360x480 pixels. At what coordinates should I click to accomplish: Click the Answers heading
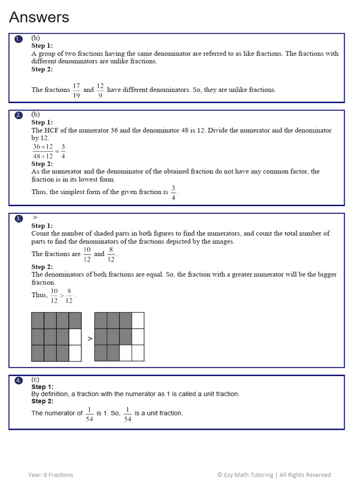point(39,17)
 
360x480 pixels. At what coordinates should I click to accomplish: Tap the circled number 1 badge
point(18,39)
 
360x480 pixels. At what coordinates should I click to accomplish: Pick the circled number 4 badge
point(18,381)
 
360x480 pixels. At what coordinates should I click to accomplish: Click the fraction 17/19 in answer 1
point(76,90)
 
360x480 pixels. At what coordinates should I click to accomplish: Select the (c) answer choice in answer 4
point(35,379)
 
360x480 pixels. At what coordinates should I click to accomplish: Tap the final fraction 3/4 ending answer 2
point(173,192)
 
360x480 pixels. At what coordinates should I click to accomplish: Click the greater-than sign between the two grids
point(90,338)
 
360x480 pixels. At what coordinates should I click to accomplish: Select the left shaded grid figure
point(56,337)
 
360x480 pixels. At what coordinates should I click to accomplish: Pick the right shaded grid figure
point(119,337)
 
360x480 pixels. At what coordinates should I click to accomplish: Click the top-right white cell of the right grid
point(138,321)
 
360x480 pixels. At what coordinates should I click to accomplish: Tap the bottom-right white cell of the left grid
point(75,353)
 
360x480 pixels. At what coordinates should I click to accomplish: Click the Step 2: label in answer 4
point(42,401)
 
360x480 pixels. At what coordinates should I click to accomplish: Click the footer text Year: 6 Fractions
point(51,475)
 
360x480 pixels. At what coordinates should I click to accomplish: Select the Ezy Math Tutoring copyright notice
point(274,475)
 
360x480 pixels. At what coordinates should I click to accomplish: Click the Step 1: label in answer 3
point(42,226)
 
